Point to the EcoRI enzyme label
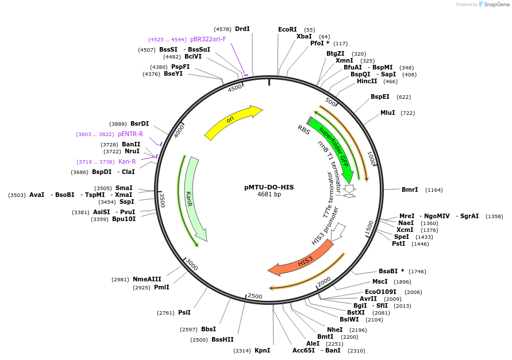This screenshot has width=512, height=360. click(287, 29)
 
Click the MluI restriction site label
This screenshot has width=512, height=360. click(388, 113)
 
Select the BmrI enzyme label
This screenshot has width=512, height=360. click(410, 189)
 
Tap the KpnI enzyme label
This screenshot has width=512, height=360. click(262, 350)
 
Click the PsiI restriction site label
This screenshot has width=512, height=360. click(184, 312)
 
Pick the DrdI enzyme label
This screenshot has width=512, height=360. click(242, 29)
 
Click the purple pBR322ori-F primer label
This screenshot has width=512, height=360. click(208, 39)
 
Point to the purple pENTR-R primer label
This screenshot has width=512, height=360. click(130, 134)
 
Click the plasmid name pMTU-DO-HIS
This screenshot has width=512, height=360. click(269, 187)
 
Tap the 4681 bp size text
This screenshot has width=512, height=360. click(269, 195)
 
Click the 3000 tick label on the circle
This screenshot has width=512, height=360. click(191, 264)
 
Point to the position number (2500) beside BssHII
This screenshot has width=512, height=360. click(199, 340)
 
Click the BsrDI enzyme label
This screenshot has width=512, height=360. click(140, 123)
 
